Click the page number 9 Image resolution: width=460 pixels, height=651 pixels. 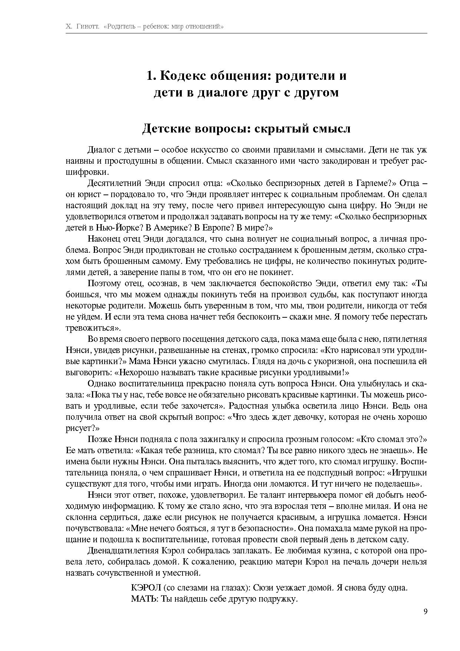425,612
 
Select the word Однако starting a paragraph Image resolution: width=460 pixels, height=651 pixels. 101,384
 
